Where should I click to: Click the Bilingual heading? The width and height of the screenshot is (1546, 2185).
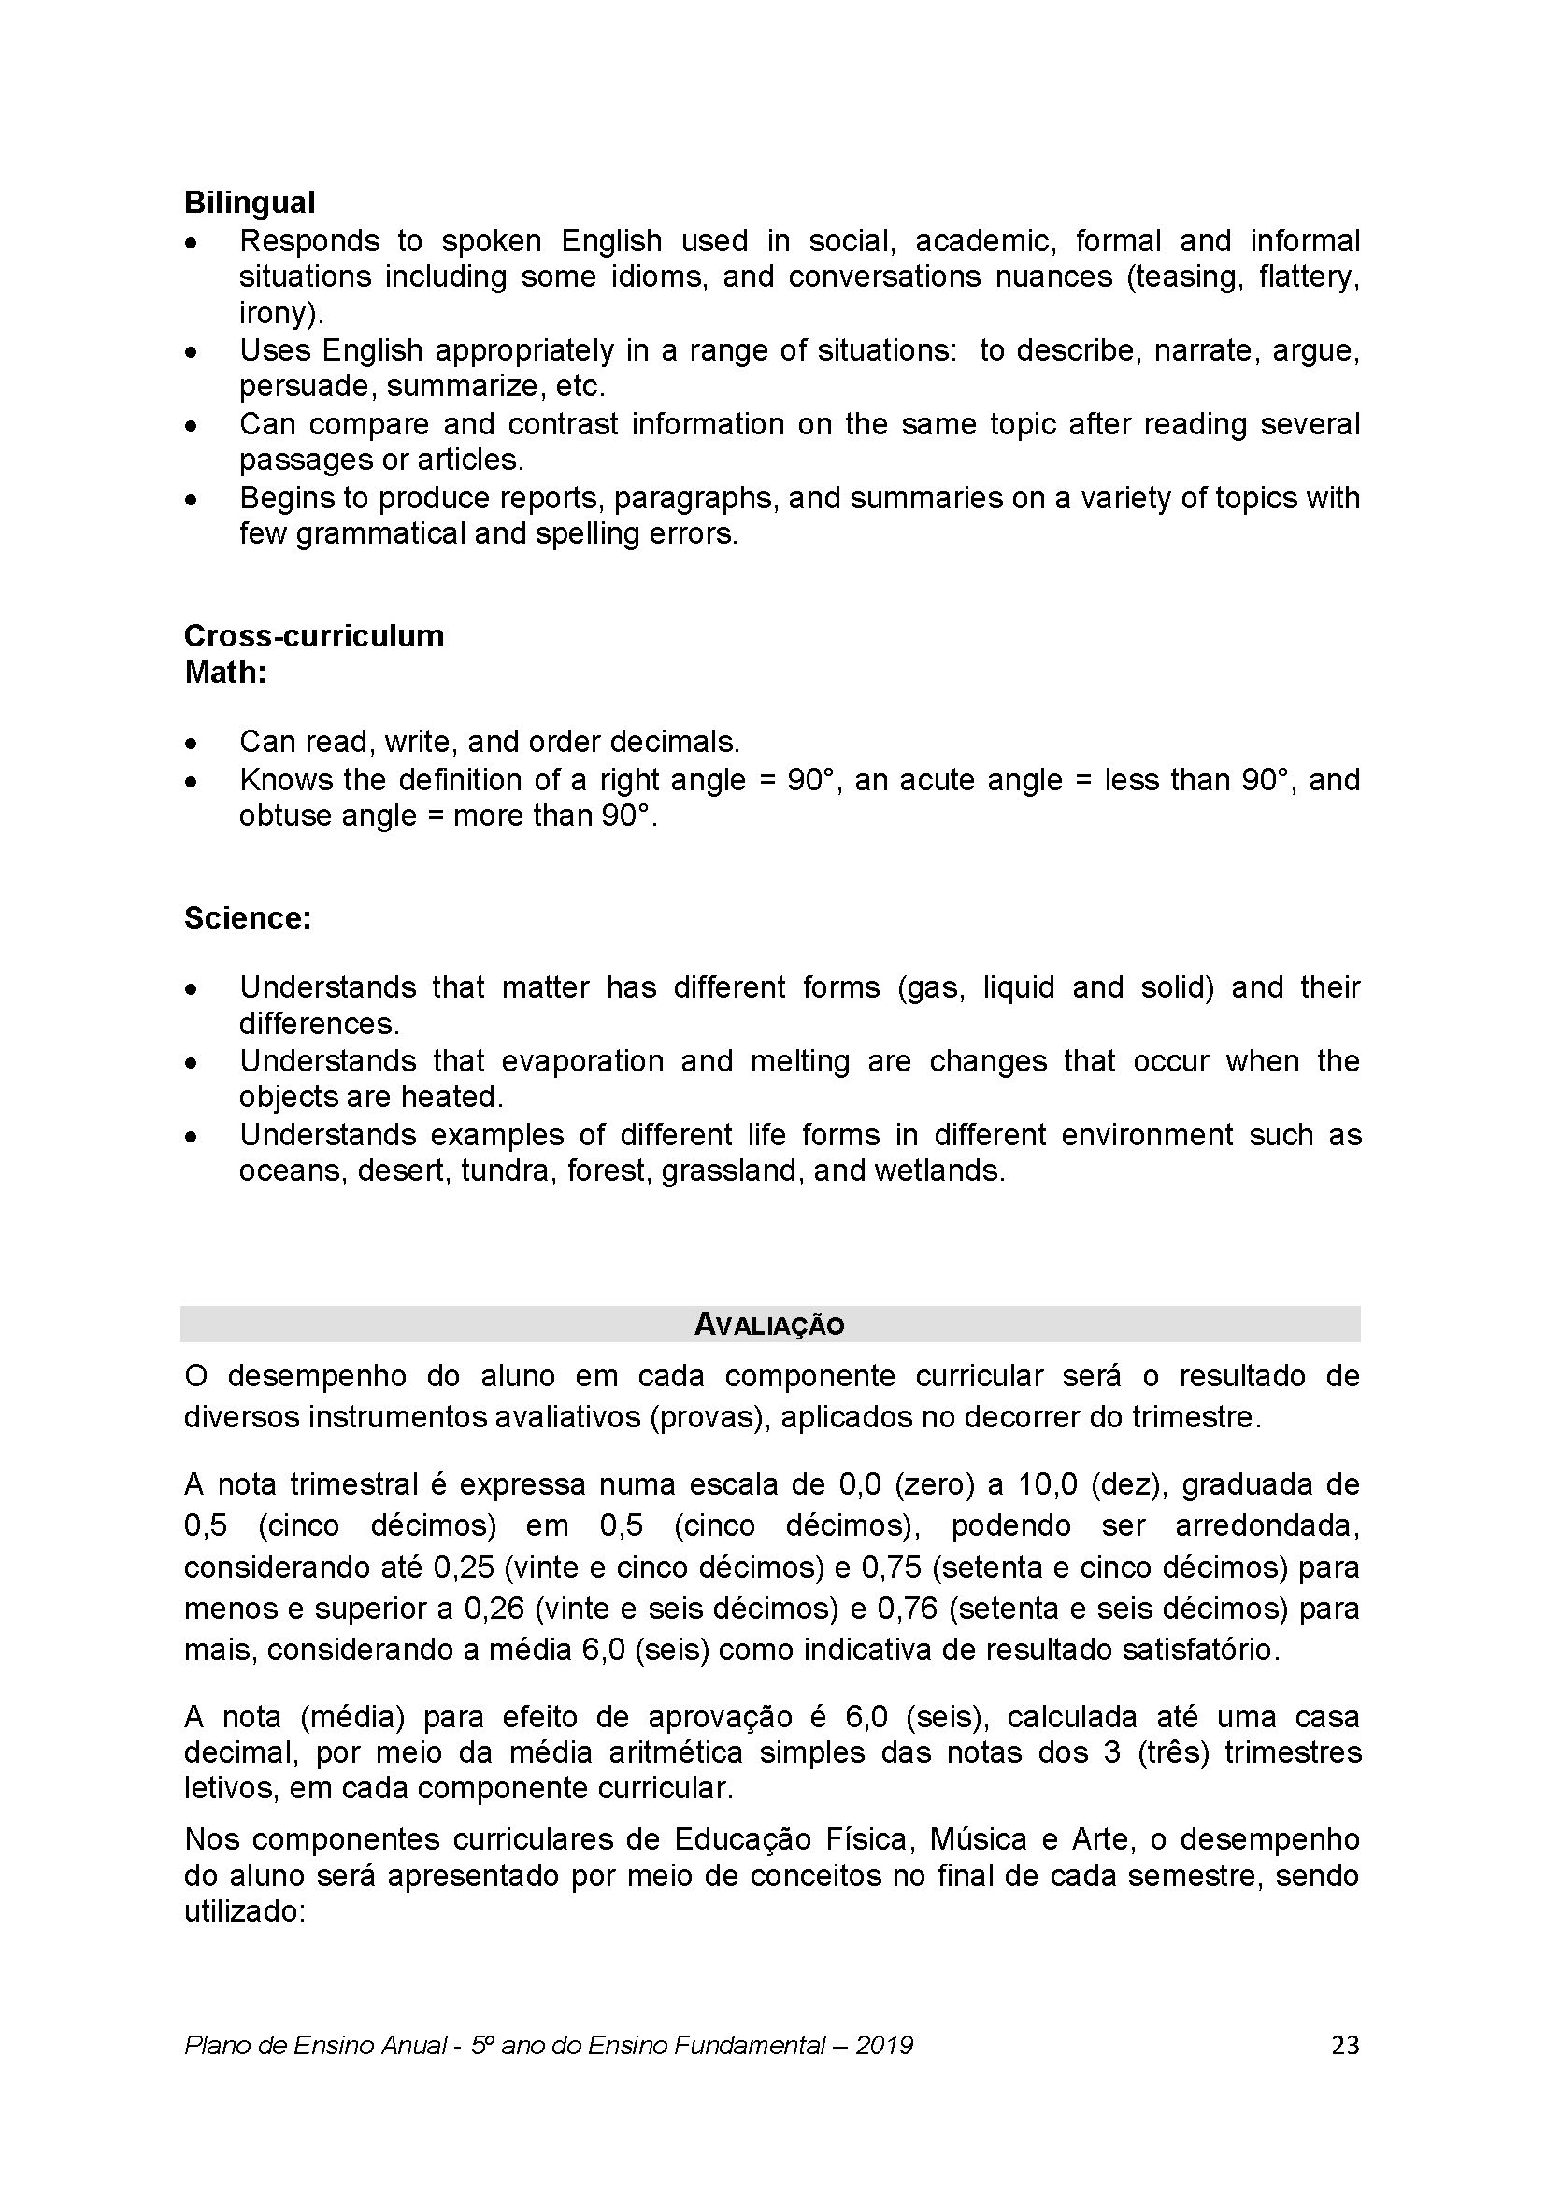[250, 203]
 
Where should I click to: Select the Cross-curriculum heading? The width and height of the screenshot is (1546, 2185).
[313, 636]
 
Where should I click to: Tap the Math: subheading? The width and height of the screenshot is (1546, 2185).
[224, 673]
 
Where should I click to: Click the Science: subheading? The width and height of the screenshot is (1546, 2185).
[248, 918]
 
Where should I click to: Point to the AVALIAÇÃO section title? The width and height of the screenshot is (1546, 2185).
[769, 1325]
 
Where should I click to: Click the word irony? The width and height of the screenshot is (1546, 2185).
[277, 313]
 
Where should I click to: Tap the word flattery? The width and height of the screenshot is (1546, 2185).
[1306, 277]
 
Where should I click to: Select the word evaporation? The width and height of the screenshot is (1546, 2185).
[581, 1061]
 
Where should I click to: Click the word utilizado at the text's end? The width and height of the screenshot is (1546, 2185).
[242, 1912]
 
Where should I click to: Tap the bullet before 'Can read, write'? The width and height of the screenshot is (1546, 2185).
[193, 743]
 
